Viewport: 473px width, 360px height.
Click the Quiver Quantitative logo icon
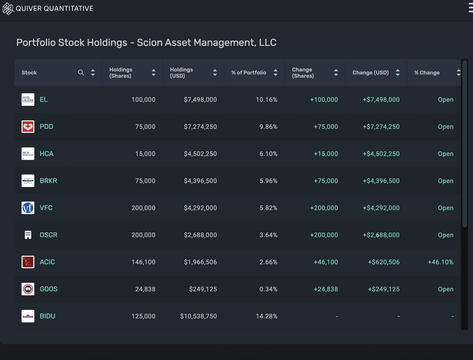click(x=8, y=8)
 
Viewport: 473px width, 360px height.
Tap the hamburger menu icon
click(x=470, y=8)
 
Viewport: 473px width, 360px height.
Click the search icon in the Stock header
click(x=81, y=73)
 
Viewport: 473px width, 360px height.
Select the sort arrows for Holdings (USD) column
click(x=215, y=73)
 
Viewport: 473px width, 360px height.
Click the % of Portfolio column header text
click(x=249, y=73)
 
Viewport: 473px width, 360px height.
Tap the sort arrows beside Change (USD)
click(x=398, y=73)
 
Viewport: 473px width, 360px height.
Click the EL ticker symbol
click(x=44, y=100)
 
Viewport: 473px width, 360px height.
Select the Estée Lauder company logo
click(x=28, y=100)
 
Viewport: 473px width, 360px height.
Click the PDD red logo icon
click(x=28, y=127)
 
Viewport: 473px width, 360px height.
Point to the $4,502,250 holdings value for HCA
click(x=200, y=154)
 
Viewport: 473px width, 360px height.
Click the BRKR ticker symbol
click(x=48, y=181)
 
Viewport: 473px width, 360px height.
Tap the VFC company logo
click(x=28, y=208)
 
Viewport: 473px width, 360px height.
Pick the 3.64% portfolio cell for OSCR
click(x=268, y=235)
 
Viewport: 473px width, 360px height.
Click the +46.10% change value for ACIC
click(x=440, y=262)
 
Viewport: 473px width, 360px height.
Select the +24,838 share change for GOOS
click(x=325, y=289)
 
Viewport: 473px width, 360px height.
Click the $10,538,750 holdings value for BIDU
click(x=198, y=316)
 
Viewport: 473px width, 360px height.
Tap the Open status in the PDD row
click(x=446, y=127)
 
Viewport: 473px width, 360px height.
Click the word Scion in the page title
click(x=149, y=42)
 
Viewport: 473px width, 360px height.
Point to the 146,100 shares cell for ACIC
click(x=143, y=262)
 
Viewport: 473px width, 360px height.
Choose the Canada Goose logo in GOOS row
click(x=28, y=289)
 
